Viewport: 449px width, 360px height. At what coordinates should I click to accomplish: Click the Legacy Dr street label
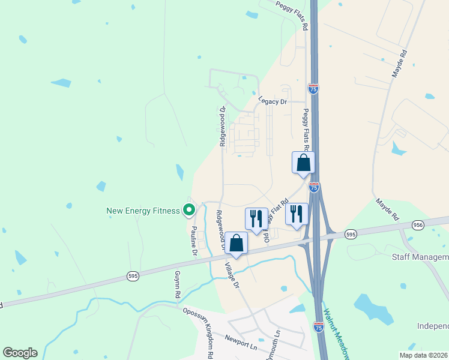tap(273, 101)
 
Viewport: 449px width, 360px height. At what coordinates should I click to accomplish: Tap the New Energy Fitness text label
tap(143, 211)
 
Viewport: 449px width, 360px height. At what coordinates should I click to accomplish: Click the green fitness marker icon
tap(189, 210)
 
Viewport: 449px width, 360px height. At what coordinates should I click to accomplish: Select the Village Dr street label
tap(232, 275)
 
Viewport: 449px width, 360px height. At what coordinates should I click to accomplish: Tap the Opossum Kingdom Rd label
tap(199, 330)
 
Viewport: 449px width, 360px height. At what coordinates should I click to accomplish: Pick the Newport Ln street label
tap(241, 347)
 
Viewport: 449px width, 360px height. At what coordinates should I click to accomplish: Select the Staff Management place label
tap(420, 257)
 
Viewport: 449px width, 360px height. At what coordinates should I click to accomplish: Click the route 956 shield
tap(418, 225)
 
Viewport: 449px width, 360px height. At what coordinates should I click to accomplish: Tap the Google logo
tap(20, 352)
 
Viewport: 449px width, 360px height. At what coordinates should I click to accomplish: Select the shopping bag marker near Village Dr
tap(237, 244)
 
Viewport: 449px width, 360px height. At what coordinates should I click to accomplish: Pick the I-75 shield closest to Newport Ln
tap(319, 327)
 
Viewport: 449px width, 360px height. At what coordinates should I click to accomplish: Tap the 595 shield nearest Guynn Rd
tap(133, 275)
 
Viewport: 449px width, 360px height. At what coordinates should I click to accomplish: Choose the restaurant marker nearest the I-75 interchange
tap(297, 214)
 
